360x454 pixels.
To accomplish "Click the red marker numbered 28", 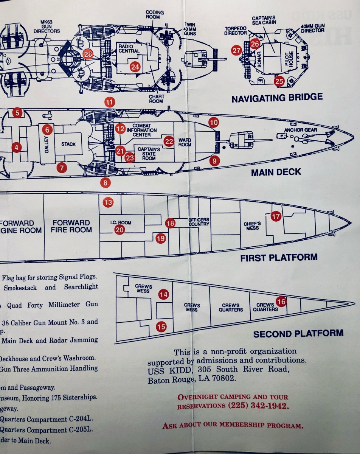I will [88, 54].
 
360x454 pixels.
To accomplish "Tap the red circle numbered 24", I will [135, 67].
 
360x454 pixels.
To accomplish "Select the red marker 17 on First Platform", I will [276, 216].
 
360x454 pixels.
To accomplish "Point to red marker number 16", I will [281, 302].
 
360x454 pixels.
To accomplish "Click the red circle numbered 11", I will [110, 102].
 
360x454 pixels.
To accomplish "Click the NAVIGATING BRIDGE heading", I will [277, 98].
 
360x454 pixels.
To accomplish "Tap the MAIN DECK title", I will [276, 172].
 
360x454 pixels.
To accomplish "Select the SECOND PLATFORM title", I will [298, 334].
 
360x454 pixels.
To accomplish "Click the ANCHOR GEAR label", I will [301, 130].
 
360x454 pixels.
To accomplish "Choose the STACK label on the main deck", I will [68, 144].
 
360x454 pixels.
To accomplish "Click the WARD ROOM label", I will [185, 142].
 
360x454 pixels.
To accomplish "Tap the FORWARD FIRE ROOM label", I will [71, 226].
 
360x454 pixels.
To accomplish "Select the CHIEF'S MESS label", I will [252, 226].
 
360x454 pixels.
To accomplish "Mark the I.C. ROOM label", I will [121, 222].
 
